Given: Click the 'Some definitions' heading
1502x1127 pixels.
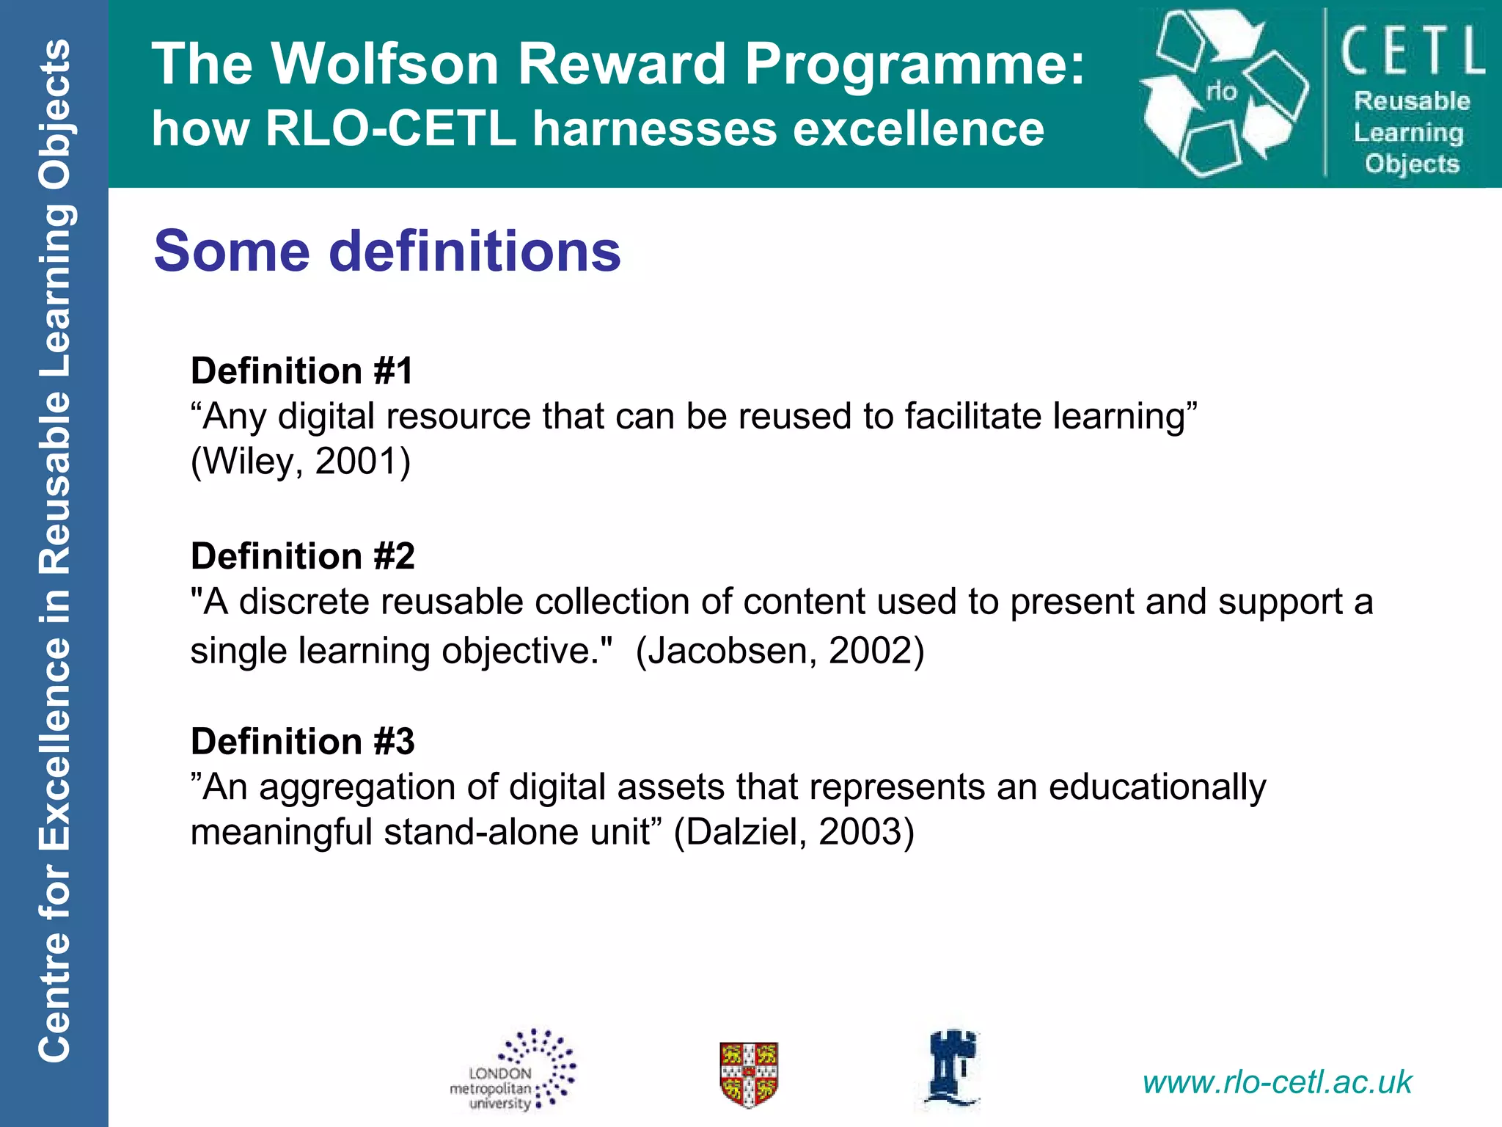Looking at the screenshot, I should point(387,251).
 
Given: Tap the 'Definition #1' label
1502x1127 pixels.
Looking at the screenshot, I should point(301,371).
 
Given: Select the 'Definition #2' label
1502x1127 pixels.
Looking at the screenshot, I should point(302,555).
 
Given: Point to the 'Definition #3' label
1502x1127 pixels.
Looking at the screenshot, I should point(302,741).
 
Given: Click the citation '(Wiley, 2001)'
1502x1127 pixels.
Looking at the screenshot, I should point(301,462).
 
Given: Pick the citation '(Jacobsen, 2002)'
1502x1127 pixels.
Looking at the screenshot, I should point(780,650).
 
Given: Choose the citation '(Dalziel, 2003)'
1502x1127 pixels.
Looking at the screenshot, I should point(794,832).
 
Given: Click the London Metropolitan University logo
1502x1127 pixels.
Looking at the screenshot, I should point(513,1071).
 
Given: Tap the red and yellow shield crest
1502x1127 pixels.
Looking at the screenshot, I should point(749,1073).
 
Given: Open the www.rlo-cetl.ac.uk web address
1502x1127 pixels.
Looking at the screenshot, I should point(1277,1082).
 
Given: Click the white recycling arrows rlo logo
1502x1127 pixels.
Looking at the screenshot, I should point(1223,93).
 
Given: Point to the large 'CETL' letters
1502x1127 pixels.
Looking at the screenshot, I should point(1413,50).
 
